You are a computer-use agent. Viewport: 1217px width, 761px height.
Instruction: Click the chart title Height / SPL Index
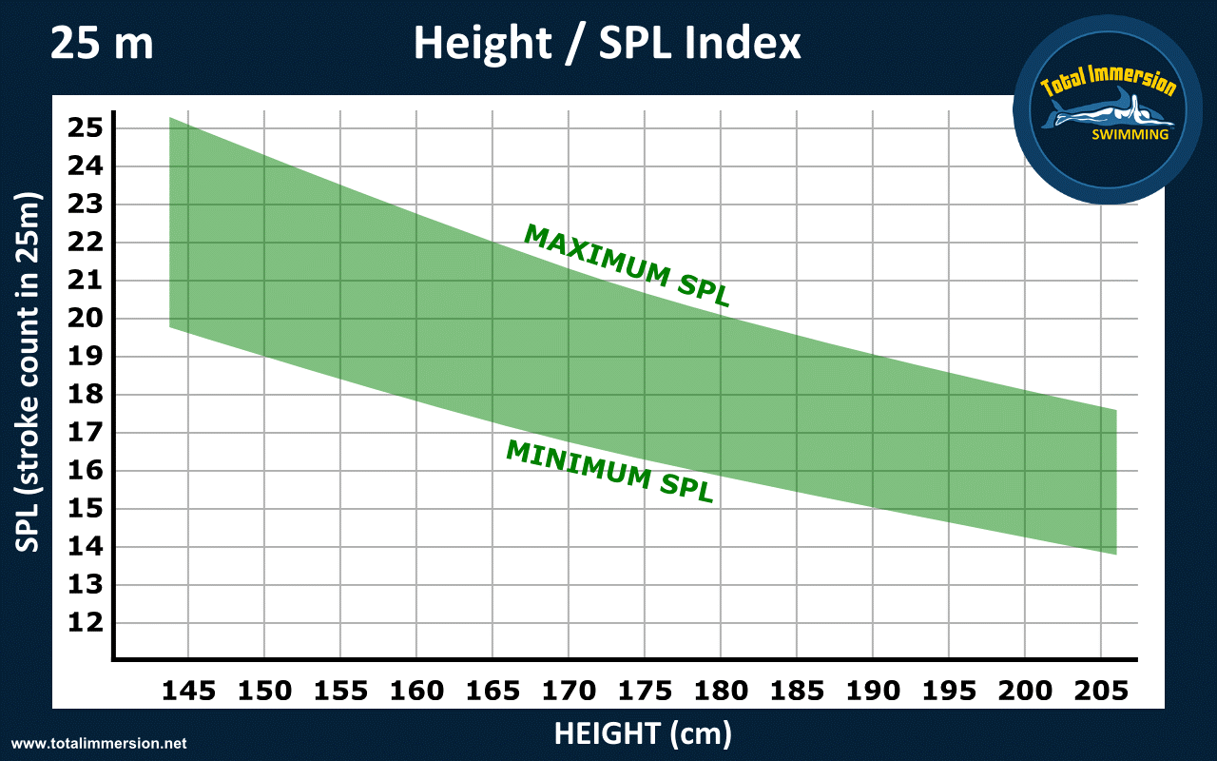point(608,44)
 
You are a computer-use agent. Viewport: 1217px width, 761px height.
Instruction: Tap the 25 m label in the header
point(101,44)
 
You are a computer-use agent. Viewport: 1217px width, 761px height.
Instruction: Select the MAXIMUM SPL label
point(628,265)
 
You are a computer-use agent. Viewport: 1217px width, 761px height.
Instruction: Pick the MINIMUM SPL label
point(609,471)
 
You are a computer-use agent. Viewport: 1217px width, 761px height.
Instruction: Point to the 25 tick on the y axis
point(85,128)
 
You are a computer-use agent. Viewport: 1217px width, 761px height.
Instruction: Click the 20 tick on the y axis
point(85,319)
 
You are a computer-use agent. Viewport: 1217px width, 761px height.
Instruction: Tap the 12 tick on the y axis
point(85,623)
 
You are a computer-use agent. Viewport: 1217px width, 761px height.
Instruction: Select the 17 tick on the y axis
point(85,433)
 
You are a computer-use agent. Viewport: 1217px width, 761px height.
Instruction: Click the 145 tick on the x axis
point(188,691)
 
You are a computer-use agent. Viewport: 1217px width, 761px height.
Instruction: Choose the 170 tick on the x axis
point(569,691)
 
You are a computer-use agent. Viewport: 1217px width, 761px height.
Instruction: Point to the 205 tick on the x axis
point(1101,691)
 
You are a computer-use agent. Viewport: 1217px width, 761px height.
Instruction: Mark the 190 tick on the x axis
point(873,691)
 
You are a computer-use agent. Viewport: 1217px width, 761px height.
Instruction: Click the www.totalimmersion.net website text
point(99,743)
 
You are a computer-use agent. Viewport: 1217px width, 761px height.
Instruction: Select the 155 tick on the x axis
point(340,691)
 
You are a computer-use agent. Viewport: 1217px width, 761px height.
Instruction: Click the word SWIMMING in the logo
point(1130,134)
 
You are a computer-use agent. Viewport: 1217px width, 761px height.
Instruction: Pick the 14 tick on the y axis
point(85,547)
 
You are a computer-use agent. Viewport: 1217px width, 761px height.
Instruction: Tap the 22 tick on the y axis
point(85,243)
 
